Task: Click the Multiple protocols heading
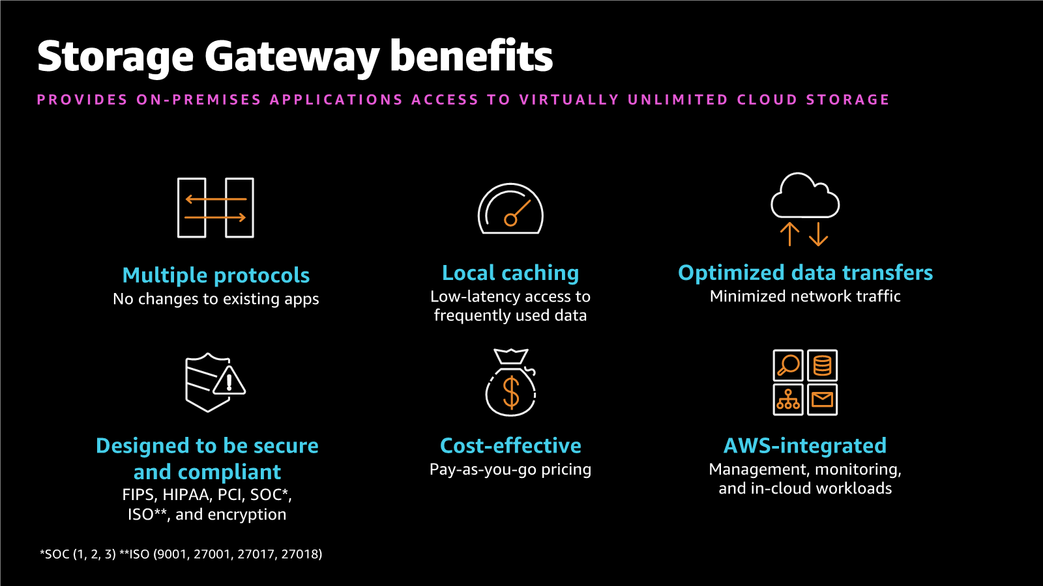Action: [x=216, y=275]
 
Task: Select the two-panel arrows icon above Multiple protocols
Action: [x=216, y=208]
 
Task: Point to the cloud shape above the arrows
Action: [x=805, y=197]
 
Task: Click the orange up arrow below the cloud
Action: [x=789, y=234]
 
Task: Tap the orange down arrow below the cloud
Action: [x=819, y=234]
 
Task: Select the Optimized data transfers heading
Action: [x=805, y=273]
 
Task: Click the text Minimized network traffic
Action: [x=805, y=296]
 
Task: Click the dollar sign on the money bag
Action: [x=511, y=393]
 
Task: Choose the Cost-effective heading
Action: [x=510, y=445]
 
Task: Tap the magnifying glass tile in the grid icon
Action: [x=788, y=365]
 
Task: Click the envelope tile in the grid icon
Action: [x=823, y=399]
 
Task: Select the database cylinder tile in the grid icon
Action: [x=823, y=365]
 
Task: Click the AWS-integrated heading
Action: [x=805, y=445]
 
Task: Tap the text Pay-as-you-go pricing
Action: [x=510, y=469]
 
